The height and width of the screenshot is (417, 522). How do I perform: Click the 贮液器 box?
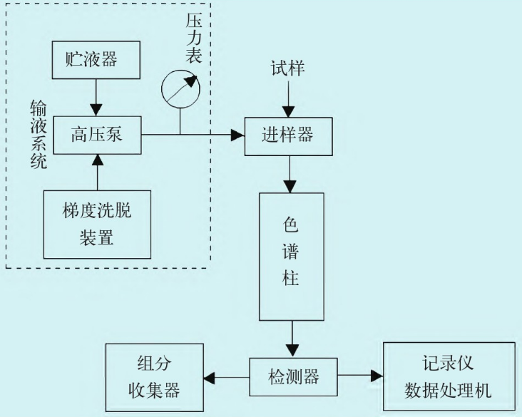(96, 60)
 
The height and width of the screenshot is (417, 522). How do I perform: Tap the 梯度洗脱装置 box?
(97, 224)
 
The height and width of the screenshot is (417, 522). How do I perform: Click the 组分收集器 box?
(153, 376)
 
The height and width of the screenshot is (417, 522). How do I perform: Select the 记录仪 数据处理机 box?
(449, 376)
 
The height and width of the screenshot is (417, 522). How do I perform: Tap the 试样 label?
(287, 69)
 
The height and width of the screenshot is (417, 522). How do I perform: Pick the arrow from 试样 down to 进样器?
(287, 100)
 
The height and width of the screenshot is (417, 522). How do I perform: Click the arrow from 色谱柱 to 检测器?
(292, 339)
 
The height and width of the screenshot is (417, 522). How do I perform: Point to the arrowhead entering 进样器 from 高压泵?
(237, 133)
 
